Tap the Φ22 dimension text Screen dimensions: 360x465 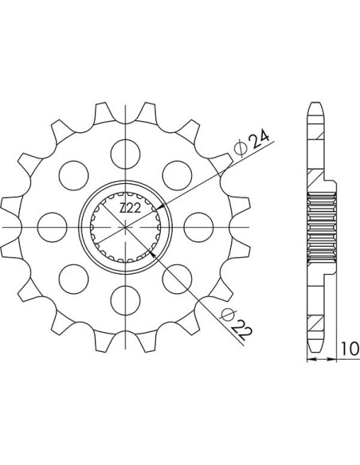[x=237, y=326]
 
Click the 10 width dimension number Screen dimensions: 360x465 [x=350, y=349]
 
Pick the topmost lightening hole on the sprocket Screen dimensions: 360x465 [x=125, y=154]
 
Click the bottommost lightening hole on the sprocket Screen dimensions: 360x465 [x=125, y=300]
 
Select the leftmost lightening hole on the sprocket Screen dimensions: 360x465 [x=53, y=227]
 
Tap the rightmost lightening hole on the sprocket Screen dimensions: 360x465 [x=198, y=227]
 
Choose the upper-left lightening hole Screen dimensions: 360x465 [x=73, y=175]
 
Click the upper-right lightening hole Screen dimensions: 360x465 [x=177, y=175]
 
